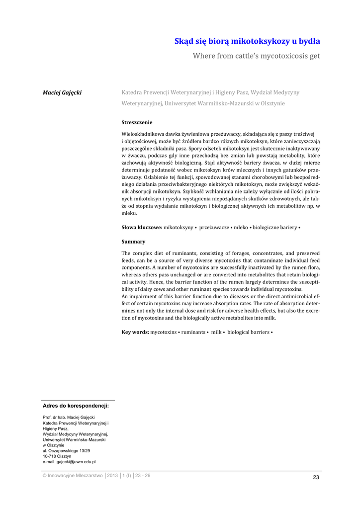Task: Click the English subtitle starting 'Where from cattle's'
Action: pyautogui.click(x=256, y=56)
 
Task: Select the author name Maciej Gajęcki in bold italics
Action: pyautogui.click(x=62, y=92)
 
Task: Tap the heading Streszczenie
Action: pyautogui.click(x=137, y=122)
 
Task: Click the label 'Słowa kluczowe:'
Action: pyautogui.click(x=142, y=227)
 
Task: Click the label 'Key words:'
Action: pyautogui.click(x=135, y=332)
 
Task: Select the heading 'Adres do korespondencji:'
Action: pyautogui.click(x=76, y=406)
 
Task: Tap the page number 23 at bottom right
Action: pyautogui.click(x=316, y=477)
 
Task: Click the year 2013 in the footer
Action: pyautogui.click(x=112, y=475)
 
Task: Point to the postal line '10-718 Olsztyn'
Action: pyautogui.click(x=57, y=456)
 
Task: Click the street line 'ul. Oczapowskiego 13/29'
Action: pyautogui.click(x=66, y=450)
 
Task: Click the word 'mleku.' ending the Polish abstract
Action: pyautogui.click(x=129, y=213)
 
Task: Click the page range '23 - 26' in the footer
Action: pyautogui.click(x=143, y=475)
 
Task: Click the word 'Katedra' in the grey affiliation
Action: pyautogui.click(x=132, y=92)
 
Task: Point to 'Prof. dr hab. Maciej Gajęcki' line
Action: pyautogui.click(x=69, y=417)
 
